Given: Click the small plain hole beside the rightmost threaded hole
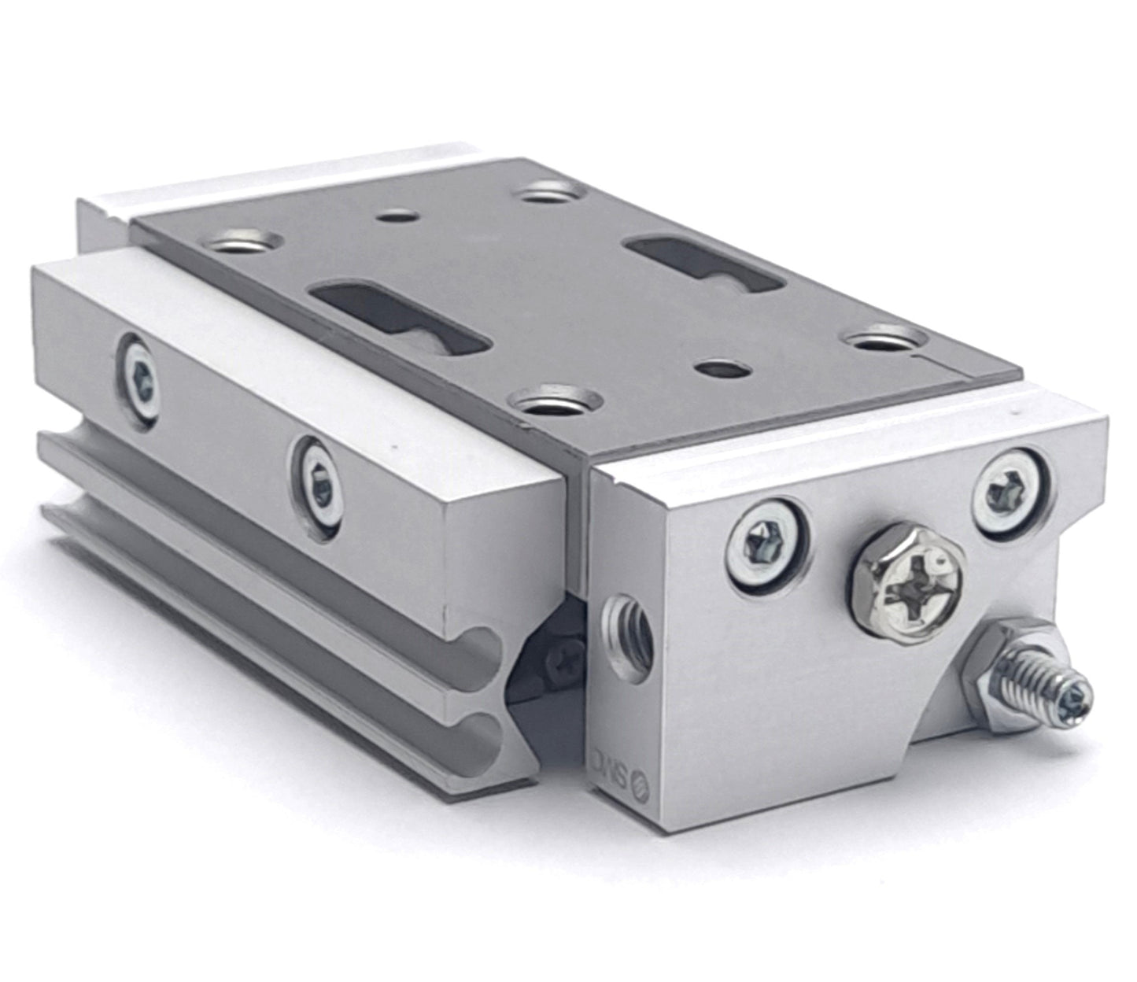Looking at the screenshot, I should tap(719, 367).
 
